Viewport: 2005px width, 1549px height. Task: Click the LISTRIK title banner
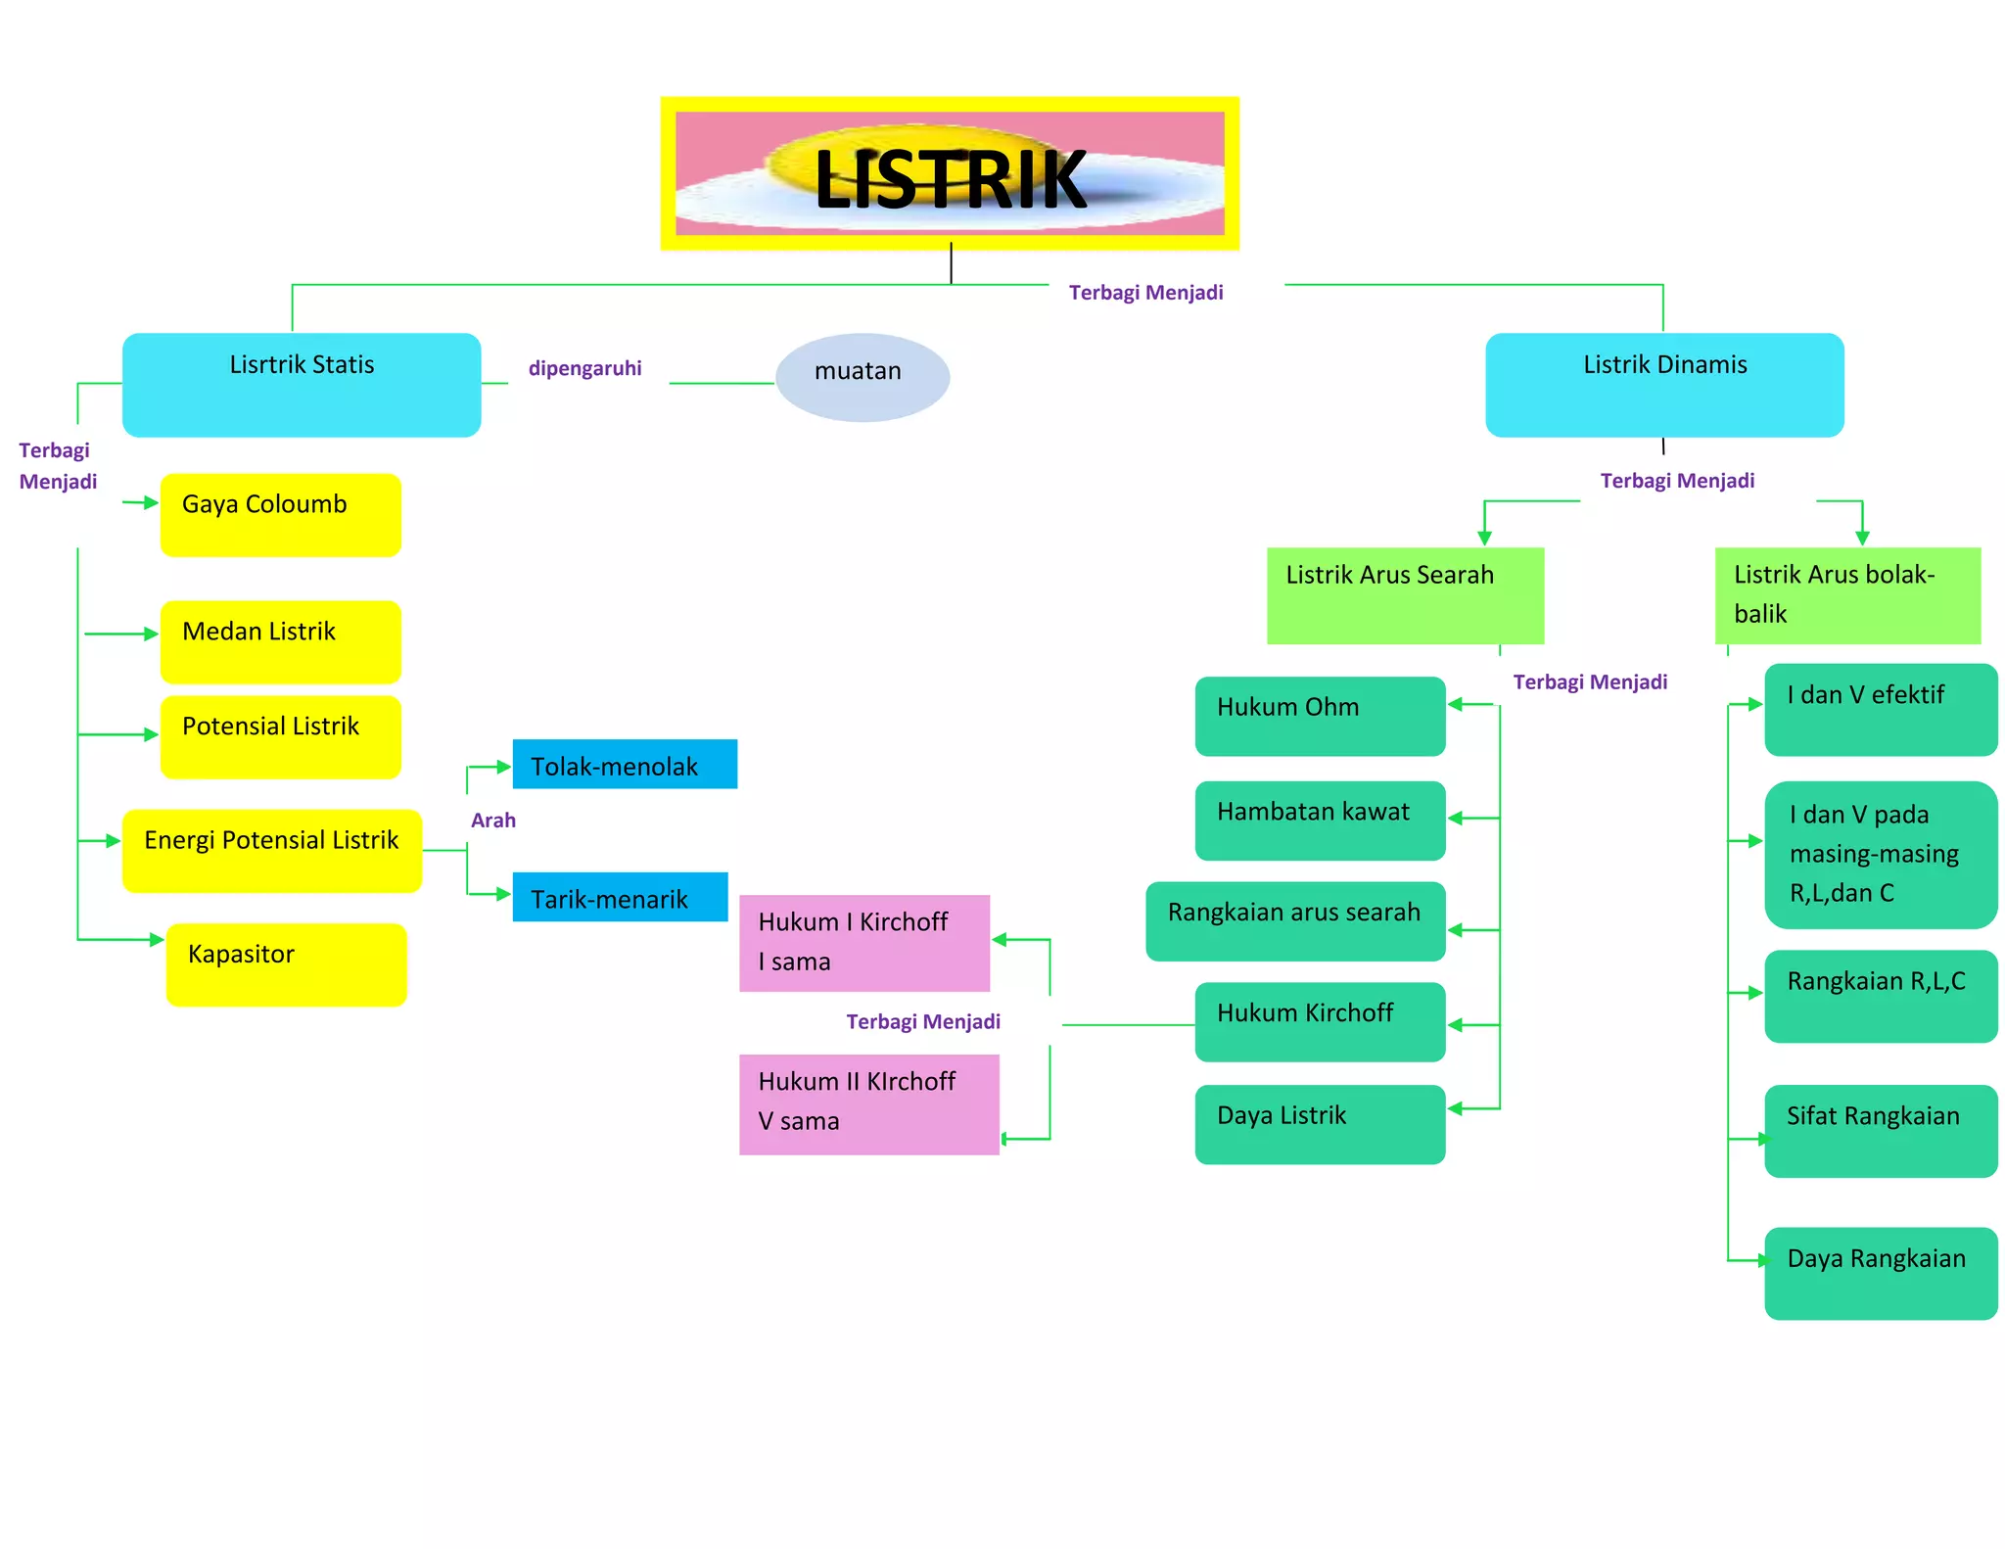pyautogui.click(x=950, y=174)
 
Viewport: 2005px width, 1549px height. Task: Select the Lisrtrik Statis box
pyautogui.click(x=302, y=385)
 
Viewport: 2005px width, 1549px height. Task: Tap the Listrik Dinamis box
pyautogui.click(x=1663, y=385)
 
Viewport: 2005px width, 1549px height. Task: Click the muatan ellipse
pyautogui.click(x=862, y=377)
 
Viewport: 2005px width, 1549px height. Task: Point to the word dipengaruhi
pyautogui.click(x=584, y=369)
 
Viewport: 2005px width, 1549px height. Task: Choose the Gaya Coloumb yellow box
pyautogui.click(x=281, y=515)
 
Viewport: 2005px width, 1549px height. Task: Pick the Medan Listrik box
pyautogui.click(x=281, y=641)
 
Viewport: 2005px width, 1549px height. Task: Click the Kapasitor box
pyautogui.click(x=286, y=964)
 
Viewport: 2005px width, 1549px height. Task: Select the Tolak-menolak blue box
pyautogui.click(x=625, y=765)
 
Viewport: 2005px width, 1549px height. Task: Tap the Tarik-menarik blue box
pyautogui.click(x=620, y=897)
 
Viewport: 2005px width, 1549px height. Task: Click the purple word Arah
pyautogui.click(x=492, y=821)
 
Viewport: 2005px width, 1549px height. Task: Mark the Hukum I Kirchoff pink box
pyautogui.click(x=864, y=943)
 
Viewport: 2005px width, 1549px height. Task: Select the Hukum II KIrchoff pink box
pyautogui.click(x=868, y=1103)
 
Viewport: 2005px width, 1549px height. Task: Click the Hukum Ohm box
pyautogui.click(x=1320, y=716)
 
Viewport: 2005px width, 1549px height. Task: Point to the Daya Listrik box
pyautogui.click(x=1320, y=1124)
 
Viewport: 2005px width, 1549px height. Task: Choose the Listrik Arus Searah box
pyautogui.click(x=1405, y=595)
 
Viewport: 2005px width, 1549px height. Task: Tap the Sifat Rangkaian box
pyautogui.click(x=1880, y=1130)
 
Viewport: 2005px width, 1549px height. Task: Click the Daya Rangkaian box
pyautogui.click(x=1880, y=1273)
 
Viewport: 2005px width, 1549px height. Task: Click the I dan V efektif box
pyautogui.click(x=1880, y=709)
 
